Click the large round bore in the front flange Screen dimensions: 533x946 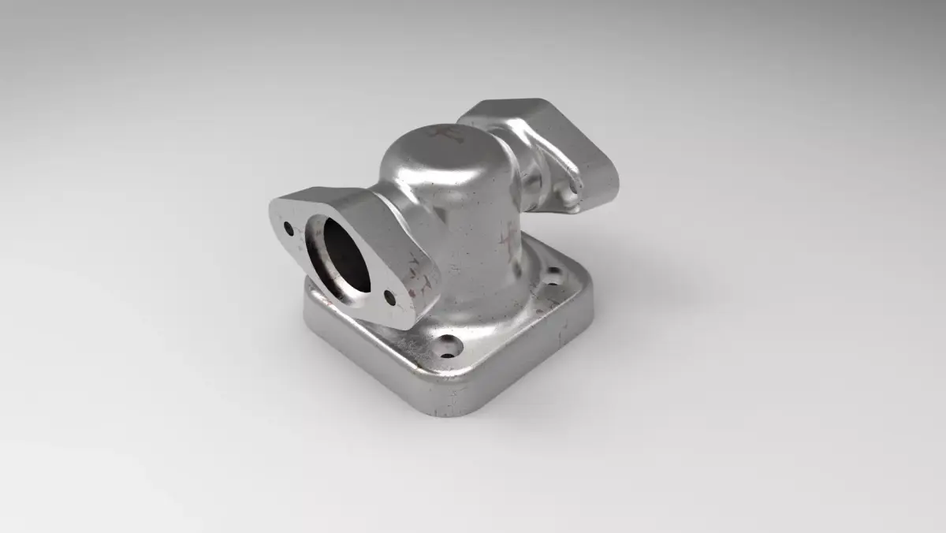[337, 257]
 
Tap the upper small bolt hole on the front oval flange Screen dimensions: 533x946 [289, 229]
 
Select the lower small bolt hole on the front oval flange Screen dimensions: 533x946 [389, 297]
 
